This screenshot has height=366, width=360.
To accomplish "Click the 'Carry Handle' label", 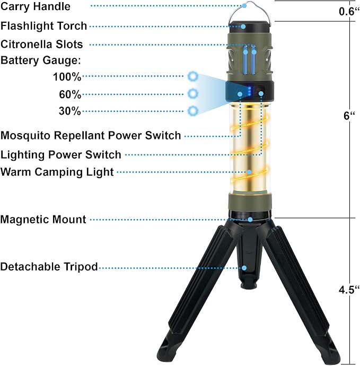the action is (x=36, y=6).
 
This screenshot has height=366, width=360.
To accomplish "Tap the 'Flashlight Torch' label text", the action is (x=43, y=26).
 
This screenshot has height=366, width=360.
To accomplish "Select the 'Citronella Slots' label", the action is (x=42, y=44).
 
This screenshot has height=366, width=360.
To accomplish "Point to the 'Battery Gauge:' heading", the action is (x=41, y=60).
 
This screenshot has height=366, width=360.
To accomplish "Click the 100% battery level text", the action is (x=67, y=77).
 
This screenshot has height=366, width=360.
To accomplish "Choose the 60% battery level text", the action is (x=70, y=94).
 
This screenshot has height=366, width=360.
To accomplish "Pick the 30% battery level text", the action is (x=70, y=111).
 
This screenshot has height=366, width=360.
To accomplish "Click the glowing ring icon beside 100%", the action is (x=193, y=76).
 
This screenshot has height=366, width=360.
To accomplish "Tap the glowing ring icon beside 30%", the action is (x=193, y=111).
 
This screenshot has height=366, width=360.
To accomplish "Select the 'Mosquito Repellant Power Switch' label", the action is (x=91, y=135).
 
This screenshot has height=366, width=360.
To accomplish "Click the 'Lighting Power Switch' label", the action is (x=61, y=155).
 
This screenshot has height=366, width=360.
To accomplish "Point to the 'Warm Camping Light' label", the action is (x=57, y=172).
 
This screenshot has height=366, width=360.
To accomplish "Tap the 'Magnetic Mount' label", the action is (x=43, y=220).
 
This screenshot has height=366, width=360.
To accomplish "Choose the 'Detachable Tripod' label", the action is (x=49, y=267).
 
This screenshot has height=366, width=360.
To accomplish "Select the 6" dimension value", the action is (x=349, y=116).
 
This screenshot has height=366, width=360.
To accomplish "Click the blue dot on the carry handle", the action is (x=244, y=6).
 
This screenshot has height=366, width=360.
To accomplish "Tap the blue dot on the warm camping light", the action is (x=249, y=172).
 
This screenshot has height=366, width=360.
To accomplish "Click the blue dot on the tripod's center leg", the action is (x=244, y=268).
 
